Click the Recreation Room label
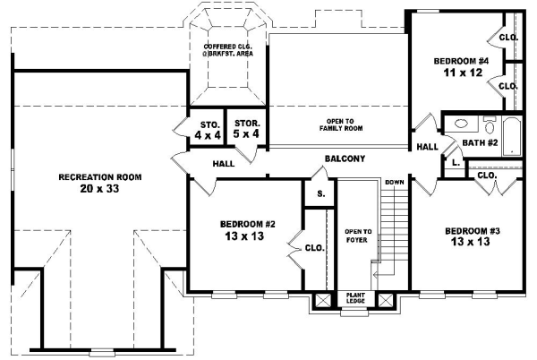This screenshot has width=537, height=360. [x=100, y=177]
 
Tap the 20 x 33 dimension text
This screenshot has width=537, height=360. [x=99, y=188]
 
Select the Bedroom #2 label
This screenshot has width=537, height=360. [x=248, y=225]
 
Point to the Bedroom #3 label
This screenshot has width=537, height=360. [x=473, y=231]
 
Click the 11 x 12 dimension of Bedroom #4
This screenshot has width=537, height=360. [x=463, y=73]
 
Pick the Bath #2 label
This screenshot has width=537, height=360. [x=480, y=142]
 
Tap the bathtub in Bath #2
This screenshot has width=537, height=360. [x=512, y=136]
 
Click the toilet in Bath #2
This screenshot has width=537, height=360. [x=490, y=125]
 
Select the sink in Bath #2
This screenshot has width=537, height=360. [x=461, y=124]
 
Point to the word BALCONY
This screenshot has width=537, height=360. [x=345, y=159]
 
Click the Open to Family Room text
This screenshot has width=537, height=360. [x=341, y=124]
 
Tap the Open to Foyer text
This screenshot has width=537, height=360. [x=357, y=236]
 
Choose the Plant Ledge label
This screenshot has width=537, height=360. [x=355, y=297]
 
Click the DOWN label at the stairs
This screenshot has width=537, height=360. [x=395, y=183]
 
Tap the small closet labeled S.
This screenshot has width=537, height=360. [x=320, y=193]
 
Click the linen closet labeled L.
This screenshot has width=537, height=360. [x=456, y=163]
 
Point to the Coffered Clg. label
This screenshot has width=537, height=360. [x=228, y=50]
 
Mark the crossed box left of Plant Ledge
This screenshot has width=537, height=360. [x=323, y=300]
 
